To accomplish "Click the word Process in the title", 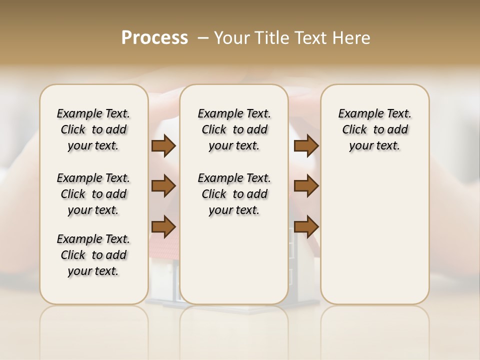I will point(154,38).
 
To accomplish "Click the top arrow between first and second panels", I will point(163,146).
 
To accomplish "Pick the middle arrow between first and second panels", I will point(163,186).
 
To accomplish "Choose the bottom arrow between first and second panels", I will point(163,226).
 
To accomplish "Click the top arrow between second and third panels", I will point(306,146).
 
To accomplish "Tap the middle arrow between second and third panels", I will point(306,186).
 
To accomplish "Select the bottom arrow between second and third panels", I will point(306,226).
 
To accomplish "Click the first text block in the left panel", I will point(93,129).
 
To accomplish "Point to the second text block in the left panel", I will point(93,194).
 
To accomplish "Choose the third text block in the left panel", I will point(93,255).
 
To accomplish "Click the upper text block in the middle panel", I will point(234,129).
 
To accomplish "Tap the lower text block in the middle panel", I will point(234,194).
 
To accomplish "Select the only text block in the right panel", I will point(374,129).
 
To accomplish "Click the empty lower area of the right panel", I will point(374,240).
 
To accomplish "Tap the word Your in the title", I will point(231,38).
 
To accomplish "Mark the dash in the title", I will point(203,38).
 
